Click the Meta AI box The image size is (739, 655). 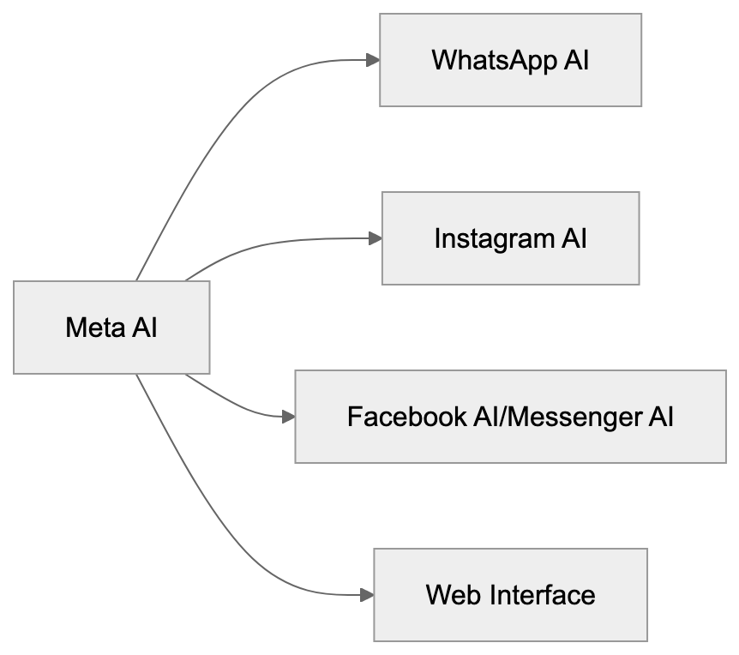[111, 327]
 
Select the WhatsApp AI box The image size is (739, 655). [510, 60]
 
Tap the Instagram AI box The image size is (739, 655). [510, 238]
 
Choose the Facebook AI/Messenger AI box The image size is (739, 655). [510, 417]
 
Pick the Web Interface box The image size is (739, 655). [510, 595]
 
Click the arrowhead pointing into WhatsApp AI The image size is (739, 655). [373, 60]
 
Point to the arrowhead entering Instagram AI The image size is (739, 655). [375, 238]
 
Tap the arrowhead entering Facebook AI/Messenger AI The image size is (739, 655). [289, 417]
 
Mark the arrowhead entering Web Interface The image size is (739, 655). [367, 595]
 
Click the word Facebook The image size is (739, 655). [407, 418]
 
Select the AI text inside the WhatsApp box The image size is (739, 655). [577, 61]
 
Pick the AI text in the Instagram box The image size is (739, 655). [574, 238]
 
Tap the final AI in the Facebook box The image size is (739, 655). [661, 418]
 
